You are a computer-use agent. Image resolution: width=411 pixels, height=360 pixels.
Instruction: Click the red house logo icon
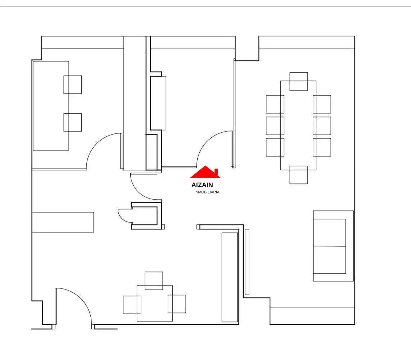205,172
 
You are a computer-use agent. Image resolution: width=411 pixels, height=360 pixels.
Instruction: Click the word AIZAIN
202,185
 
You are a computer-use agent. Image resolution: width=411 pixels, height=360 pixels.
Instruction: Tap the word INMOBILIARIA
207,192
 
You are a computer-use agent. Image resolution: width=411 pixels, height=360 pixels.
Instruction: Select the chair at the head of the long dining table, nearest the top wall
299,82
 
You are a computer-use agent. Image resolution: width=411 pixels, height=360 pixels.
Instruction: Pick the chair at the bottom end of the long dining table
299,175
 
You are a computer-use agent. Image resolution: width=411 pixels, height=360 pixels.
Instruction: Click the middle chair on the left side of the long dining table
275,126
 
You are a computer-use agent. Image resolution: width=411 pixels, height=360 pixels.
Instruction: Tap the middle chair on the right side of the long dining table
322,126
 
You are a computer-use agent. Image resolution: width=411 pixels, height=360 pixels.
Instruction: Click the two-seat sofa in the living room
333,246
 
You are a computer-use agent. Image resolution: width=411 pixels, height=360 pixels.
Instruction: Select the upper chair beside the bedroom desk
73,85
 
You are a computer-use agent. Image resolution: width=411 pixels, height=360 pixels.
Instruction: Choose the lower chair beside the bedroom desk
73,122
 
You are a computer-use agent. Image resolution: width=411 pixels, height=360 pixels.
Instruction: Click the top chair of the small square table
154,281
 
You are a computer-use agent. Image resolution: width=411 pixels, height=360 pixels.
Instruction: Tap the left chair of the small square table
132,305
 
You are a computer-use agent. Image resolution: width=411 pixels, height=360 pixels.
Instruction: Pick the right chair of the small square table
177,304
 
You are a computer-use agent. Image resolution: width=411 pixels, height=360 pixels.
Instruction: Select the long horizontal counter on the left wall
63,222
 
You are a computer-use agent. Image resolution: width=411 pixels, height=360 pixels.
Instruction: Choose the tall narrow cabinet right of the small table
230,277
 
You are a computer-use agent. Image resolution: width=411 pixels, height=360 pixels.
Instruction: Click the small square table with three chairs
155,304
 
